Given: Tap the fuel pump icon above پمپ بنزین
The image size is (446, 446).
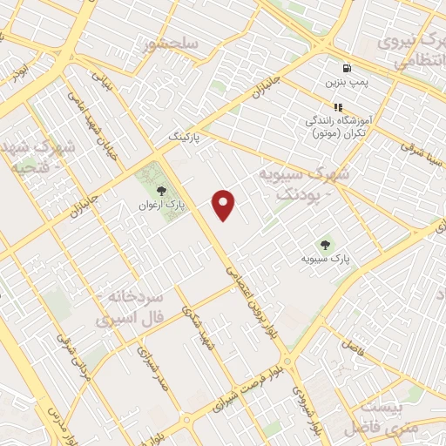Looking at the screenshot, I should click(x=348, y=67).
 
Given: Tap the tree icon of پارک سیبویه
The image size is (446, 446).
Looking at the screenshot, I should click(x=326, y=245).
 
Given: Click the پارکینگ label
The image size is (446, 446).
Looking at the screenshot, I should click(x=185, y=138).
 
